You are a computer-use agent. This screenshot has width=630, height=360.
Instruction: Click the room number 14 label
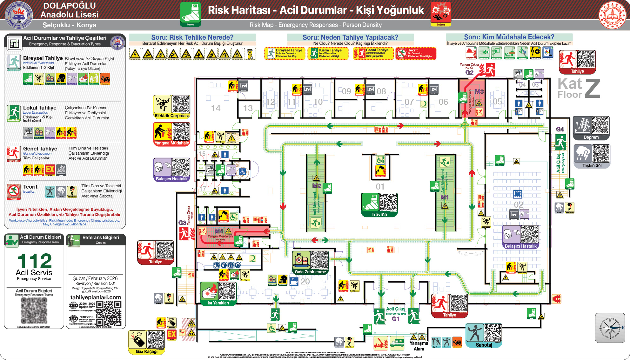tap(216, 108)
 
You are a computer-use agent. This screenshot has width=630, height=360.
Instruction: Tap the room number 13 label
tap(248, 108)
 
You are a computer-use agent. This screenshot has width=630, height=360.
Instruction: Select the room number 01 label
tap(380, 187)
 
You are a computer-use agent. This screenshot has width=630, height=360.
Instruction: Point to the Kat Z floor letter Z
tap(592, 88)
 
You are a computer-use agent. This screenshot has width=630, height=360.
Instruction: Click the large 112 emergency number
tap(34, 261)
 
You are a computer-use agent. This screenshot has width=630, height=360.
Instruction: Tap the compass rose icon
tap(610, 328)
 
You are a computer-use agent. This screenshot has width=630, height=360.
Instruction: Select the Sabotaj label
tap(484, 345)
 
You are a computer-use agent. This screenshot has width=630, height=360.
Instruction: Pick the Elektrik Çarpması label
tap(171, 116)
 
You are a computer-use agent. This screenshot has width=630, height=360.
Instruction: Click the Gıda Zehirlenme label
tap(310, 272)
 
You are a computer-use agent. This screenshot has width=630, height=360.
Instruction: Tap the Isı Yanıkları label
tap(218, 303)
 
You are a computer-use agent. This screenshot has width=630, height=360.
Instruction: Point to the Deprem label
tap(591, 137)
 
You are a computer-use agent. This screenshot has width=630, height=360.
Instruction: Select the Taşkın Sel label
tap(592, 165)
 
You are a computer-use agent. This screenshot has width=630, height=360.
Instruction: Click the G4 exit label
tap(560, 130)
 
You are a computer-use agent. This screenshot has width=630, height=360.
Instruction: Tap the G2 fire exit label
tap(469, 73)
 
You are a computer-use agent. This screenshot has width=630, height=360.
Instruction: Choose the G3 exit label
tap(182, 223)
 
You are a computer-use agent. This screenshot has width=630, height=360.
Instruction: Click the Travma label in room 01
tap(379, 215)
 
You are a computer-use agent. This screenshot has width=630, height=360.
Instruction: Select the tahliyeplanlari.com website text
tap(96, 297)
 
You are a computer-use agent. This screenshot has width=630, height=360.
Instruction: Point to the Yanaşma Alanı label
tap(419, 346)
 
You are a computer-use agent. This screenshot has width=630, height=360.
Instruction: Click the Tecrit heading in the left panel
tap(30, 187)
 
